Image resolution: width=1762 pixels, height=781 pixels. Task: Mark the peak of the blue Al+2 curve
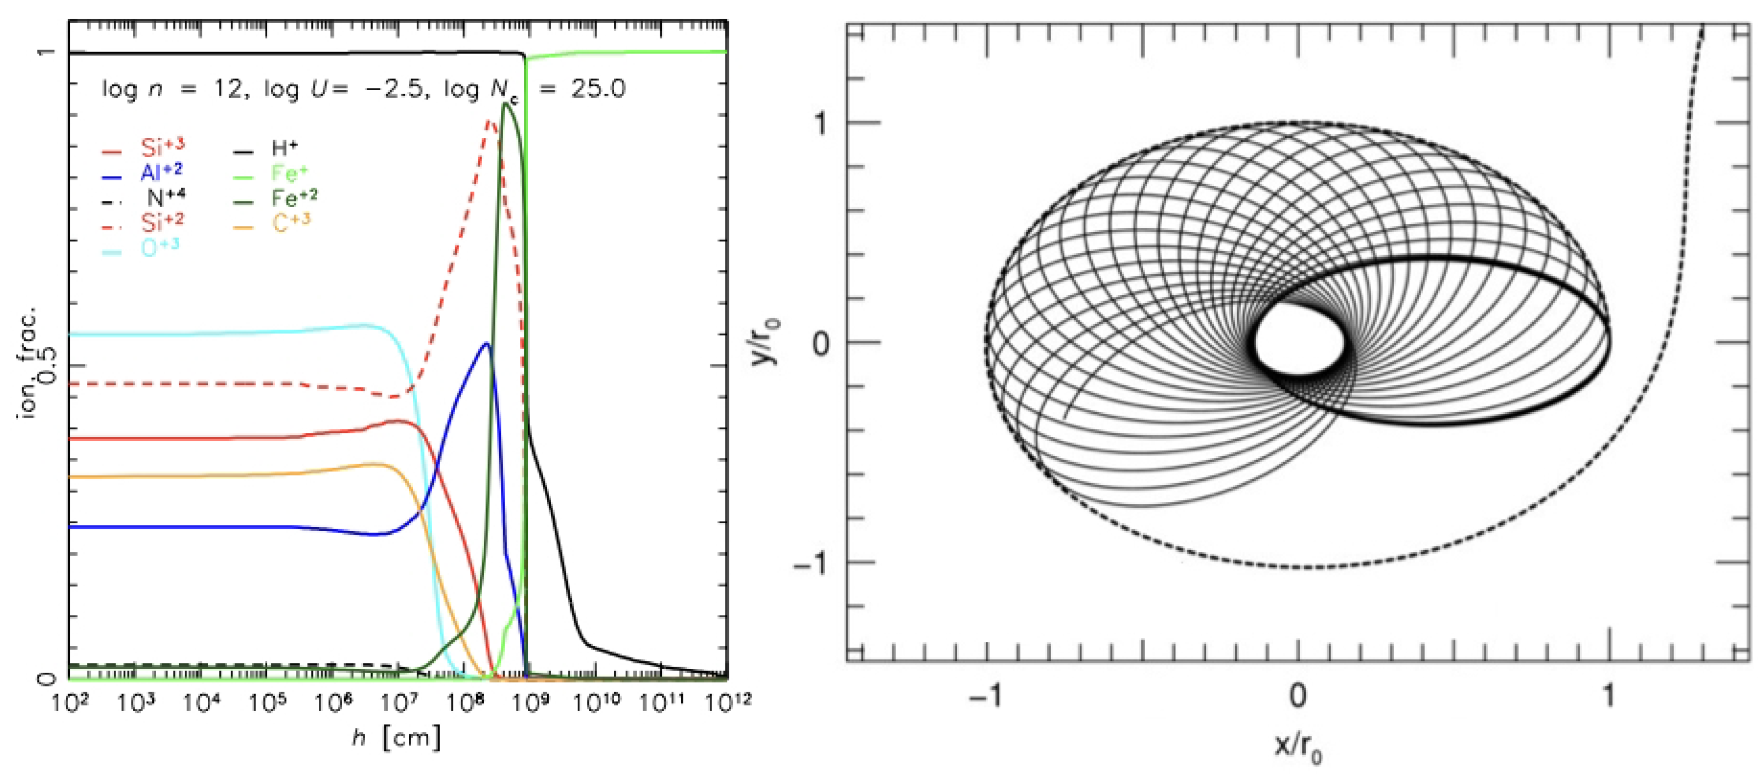487,344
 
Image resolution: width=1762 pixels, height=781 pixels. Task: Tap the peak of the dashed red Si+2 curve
489,120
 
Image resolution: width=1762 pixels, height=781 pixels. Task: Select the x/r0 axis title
1297,745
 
